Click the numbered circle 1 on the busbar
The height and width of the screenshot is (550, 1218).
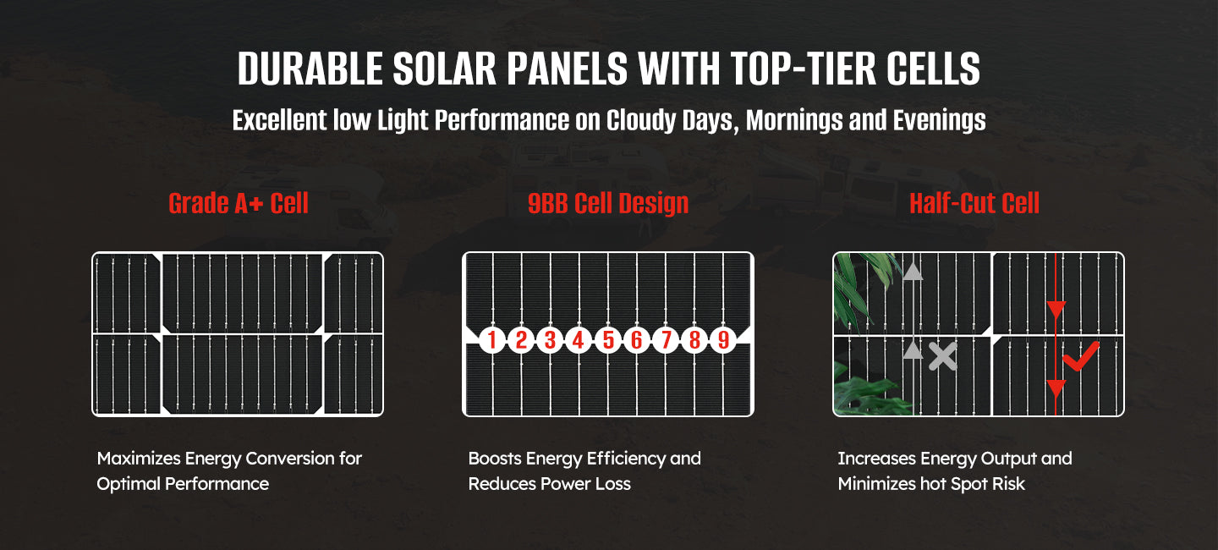point(492,340)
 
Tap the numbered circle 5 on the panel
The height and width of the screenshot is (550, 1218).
point(608,340)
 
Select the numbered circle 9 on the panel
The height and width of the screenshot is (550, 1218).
point(723,340)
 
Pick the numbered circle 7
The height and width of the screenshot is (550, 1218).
point(666,340)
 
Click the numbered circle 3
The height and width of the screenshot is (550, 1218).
point(550,340)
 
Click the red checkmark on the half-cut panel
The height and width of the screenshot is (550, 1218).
point(1080,357)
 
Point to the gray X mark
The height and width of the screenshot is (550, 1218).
point(942,356)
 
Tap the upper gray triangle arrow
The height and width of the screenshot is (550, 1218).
point(913,272)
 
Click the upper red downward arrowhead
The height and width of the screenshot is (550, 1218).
point(1056,310)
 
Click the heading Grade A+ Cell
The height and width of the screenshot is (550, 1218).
point(239,203)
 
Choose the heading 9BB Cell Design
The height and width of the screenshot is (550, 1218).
point(608,203)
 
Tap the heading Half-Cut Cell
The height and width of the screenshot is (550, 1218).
point(974,203)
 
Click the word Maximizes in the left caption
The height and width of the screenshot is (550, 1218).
point(139,459)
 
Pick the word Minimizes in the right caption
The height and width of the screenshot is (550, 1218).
point(876,484)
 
